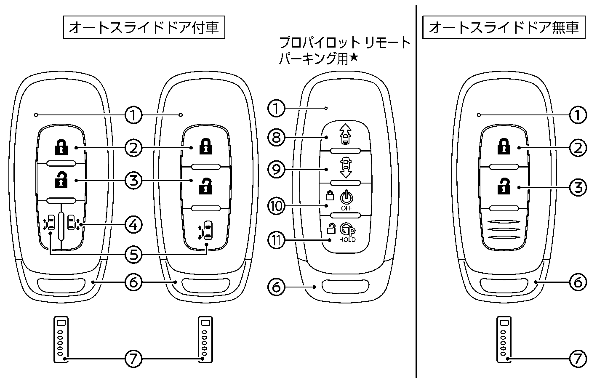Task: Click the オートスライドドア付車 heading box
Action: pos(143,27)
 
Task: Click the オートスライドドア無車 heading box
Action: pos(504,27)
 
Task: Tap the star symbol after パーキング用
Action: pos(354,58)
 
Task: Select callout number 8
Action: pos(277,137)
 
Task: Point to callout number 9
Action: pos(277,169)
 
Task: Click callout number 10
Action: pos(277,205)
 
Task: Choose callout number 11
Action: pos(277,240)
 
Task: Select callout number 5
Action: pos(133,255)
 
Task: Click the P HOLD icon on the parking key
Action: pos(347,232)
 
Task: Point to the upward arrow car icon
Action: pos(345,134)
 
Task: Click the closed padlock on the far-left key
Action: pos(61,147)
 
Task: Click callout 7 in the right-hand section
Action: pos(578,359)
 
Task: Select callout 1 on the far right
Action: pos(578,114)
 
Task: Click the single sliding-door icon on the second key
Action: pos(206,230)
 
